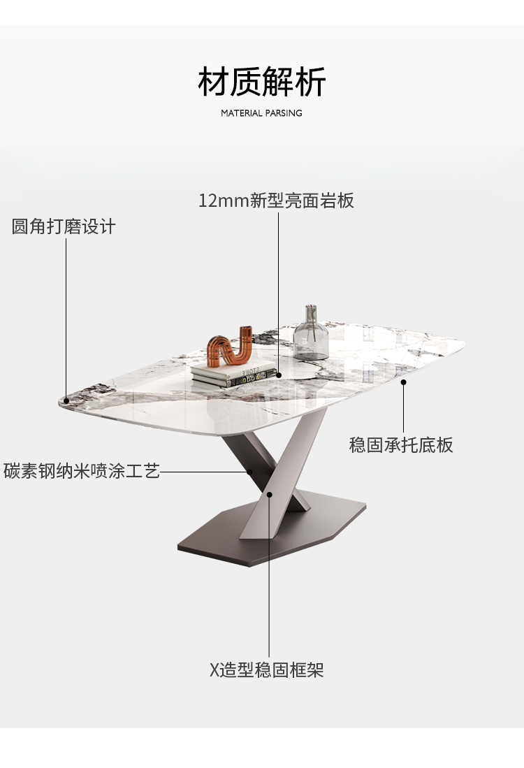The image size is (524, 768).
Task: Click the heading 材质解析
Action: click(x=262, y=82)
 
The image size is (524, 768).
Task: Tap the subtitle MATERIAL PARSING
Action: click(x=262, y=113)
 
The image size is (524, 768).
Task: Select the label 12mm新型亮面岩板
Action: click(x=277, y=201)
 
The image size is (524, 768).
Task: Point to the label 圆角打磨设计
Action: click(x=64, y=227)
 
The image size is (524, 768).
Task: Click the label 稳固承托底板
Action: click(x=401, y=444)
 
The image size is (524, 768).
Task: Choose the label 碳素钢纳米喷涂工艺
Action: click(x=82, y=471)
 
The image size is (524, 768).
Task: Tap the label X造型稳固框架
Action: click(x=267, y=670)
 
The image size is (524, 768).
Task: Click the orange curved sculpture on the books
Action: click(x=229, y=346)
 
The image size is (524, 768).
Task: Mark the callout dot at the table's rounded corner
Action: click(x=66, y=400)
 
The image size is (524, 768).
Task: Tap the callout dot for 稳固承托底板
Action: click(x=403, y=382)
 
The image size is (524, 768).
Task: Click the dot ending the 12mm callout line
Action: click(x=279, y=375)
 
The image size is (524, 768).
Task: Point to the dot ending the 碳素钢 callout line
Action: click(x=249, y=471)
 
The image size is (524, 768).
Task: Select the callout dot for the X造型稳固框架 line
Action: click(x=270, y=494)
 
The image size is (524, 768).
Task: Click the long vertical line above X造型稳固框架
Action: click(x=270, y=580)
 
